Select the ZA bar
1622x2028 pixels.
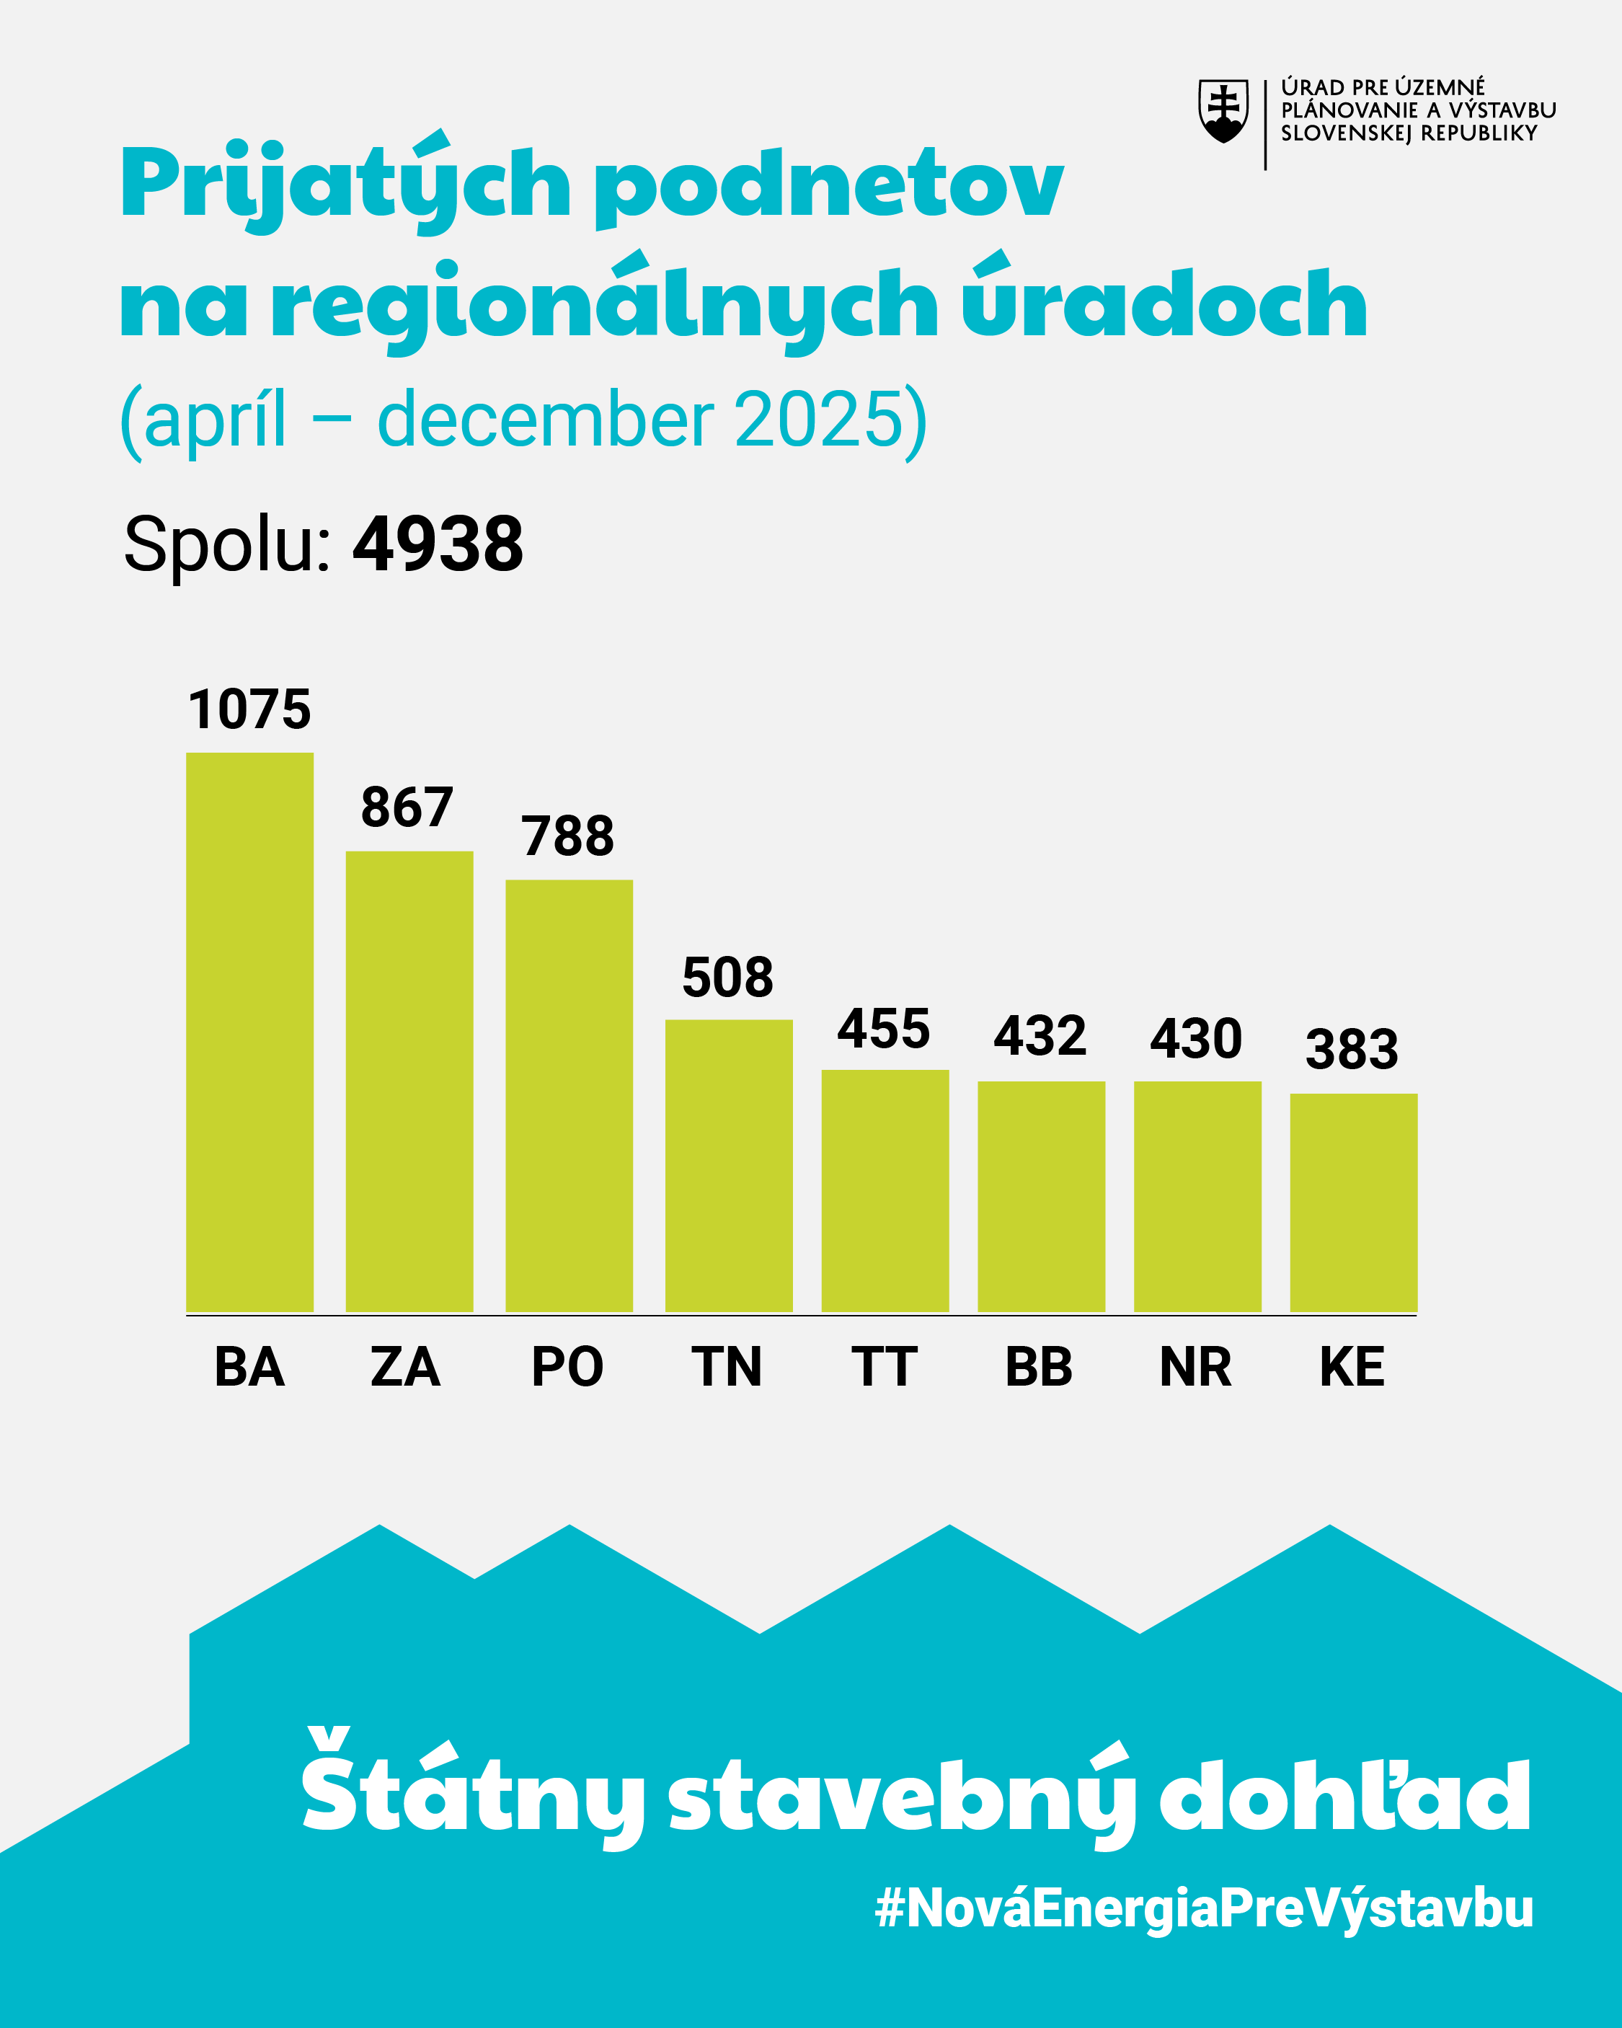click(x=409, y=1081)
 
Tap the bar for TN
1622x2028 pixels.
click(x=728, y=1166)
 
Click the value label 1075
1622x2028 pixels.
click(x=249, y=709)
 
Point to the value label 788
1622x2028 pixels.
click(x=567, y=836)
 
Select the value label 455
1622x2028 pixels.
click(x=883, y=1028)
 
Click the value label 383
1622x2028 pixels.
click(x=1352, y=1049)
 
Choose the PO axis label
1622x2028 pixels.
click(x=567, y=1367)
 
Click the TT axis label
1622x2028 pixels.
click(x=883, y=1367)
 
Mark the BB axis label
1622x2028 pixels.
click(x=1039, y=1367)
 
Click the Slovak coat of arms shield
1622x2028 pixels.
click(x=1223, y=110)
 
